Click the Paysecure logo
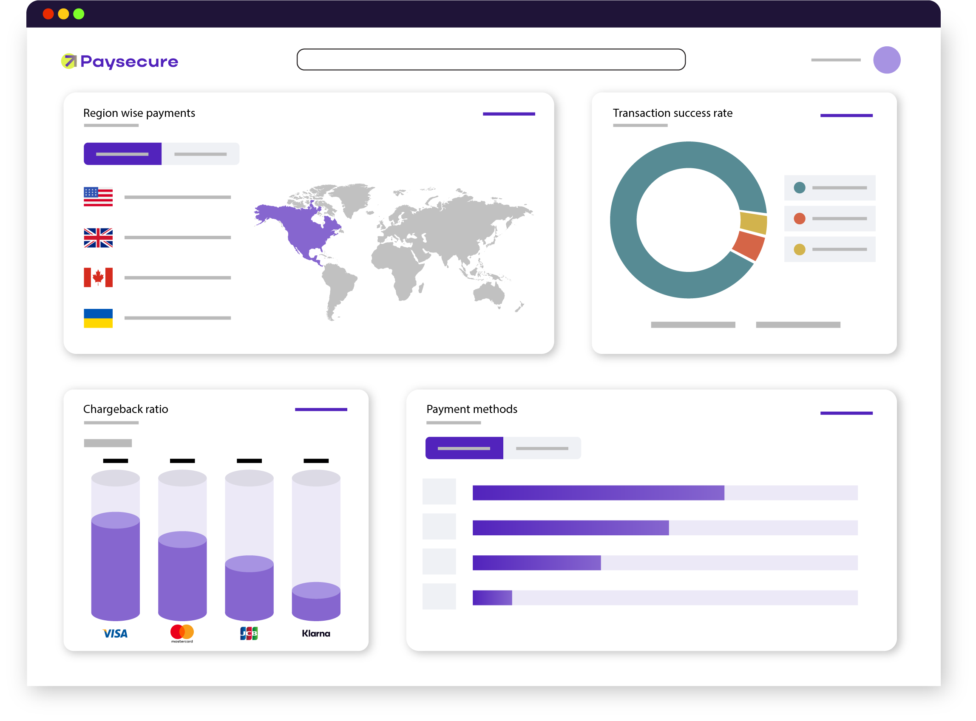coord(119,62)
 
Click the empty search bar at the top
coord(491,59)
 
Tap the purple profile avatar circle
coord(886,60)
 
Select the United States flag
coord(98,196)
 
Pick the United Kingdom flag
coord(98,238)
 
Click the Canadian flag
coord(98,277)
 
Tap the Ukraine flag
coord(98,318)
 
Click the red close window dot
coord(48,14)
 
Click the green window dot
coord(79,14)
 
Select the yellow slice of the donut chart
coord(753,222)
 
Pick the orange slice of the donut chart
coord(749,245)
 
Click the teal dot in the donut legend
coord(800,188)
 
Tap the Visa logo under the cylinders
coord(115,633)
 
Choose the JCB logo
coord(249,633)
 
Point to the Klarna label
coord(316,633)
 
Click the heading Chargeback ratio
coord(126,409)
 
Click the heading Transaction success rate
coord(672,113)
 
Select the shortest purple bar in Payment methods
coord(492,597)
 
